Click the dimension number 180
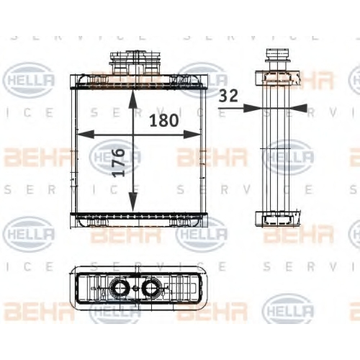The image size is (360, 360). pos(164,120)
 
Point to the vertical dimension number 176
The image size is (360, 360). pos(120,163)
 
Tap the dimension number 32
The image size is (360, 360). pos(229,96)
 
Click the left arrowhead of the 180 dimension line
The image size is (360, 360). pos(85,135)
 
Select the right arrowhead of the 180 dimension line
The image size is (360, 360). pos(192,135)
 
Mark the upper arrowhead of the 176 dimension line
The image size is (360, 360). pos(133,100)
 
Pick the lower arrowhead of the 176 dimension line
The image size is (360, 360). pos(133,203)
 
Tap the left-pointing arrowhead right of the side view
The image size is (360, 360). pos(298,108)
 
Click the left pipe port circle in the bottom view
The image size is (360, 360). pos(119,287)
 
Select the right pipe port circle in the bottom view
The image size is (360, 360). pos(151,287)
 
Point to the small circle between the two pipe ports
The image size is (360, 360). pos(135,287)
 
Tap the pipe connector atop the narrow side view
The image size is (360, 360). pos(277,59)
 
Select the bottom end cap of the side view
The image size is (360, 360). pos(278,218)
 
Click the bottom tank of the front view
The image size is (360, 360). pos(138,220)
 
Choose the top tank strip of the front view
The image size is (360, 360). pos(138,81)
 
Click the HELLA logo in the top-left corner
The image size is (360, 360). pos(30,80)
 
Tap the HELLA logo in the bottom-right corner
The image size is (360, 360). pos(288,311)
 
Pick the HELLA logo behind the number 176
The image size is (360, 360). pos(115,157)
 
